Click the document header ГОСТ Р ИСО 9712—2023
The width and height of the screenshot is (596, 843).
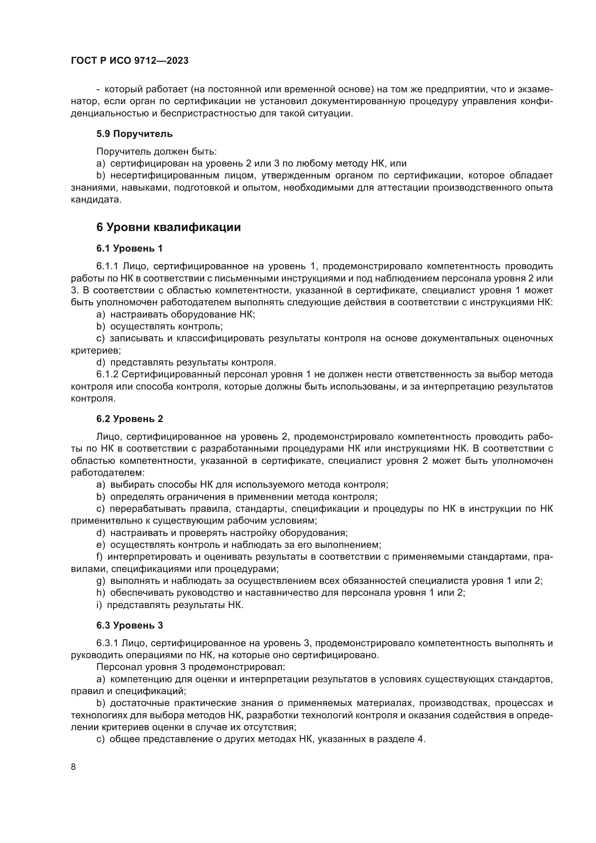[130, 61]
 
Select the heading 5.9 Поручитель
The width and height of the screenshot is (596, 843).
[134, 134]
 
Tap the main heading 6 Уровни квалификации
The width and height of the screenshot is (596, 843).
[168, 227]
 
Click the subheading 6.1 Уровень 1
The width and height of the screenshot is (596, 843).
[129, 249]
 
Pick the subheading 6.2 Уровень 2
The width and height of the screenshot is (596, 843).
[130, 419]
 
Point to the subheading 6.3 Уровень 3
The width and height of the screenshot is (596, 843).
[130, 625]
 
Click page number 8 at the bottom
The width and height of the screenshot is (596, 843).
[74, 767]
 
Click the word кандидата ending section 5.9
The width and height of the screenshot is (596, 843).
[96, 200]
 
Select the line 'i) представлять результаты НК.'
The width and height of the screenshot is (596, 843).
[170, 605]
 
